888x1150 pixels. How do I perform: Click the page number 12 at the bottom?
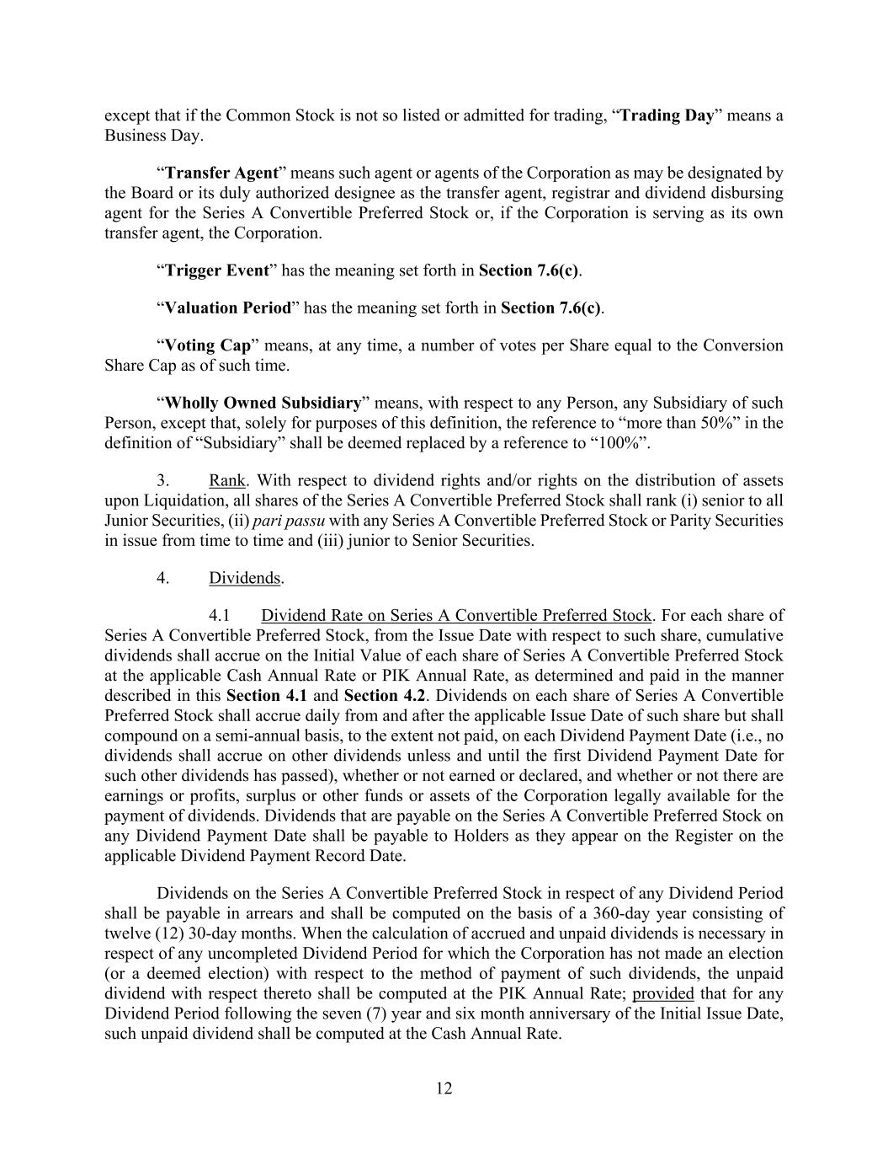pyautogui.click(x=444, y=1088)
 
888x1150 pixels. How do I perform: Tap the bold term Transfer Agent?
pyautogui.click(x=221, y=173)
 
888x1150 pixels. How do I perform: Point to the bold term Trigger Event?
pyautogui.click(x=216, y=270)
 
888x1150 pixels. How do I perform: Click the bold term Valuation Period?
pyautogui.click(x=227, y=308)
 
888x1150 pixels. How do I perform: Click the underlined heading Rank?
pyautogui.click(x=226, y=480)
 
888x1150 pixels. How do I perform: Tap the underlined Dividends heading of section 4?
pyautogui.click(x=244, y=578)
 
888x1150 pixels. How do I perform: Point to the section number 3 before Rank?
pyautogui.click(x=163, y=480)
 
